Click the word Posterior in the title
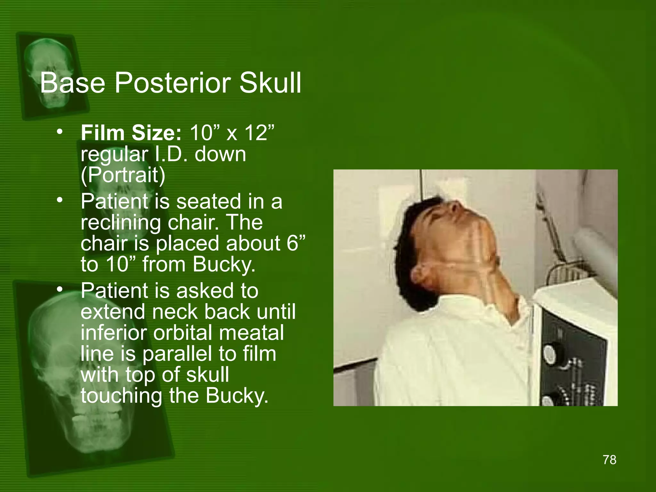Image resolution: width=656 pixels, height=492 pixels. (172, 83)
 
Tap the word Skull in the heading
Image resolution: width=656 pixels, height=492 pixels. (270, 83)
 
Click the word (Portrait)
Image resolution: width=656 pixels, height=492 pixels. (123, 175)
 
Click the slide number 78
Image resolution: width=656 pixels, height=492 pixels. (609, 460)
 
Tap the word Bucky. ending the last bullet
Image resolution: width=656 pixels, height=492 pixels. (237, 396)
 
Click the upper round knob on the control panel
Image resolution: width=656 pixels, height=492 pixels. (553, 353)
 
